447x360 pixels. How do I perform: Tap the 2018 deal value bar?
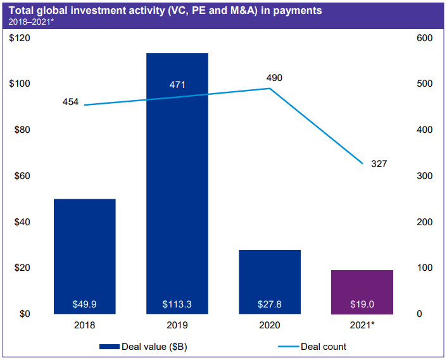(x=85, y=253)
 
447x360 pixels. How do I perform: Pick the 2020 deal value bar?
(x=270, y=278)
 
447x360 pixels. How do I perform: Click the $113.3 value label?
(x=177, y=304)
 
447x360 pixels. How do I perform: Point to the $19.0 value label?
(x=362, y=304)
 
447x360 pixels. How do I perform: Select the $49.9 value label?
(x=85, y=304)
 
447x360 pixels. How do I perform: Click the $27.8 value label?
(x=270, y=304)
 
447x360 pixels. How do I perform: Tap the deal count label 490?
(x=274, y=78)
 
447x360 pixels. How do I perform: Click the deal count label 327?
(x=379, y=164)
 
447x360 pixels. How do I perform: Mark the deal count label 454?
(x=70, y=102)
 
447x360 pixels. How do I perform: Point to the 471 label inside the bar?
(x=177, y=85)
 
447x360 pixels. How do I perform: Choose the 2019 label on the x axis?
(x=177, y=326)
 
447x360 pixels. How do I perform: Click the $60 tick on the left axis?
(x=22, y=176)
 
